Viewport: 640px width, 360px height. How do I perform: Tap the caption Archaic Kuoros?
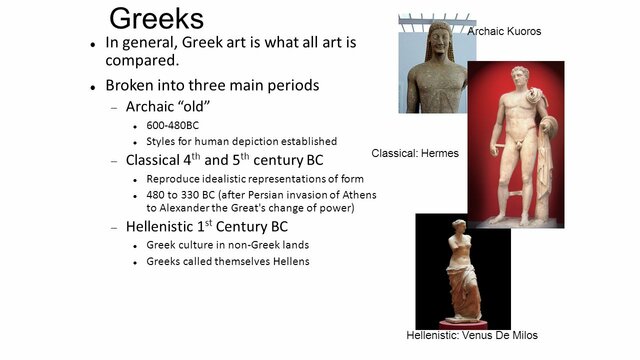[x=504, y=32]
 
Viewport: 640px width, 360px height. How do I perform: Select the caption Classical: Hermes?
[x=416, y=153]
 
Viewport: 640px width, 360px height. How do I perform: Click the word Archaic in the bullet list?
[x=151, y=107]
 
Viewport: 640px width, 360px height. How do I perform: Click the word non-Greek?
[x=254, y=244]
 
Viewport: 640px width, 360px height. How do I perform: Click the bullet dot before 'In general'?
[x=92, y=44]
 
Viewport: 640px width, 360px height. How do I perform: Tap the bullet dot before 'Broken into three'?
[x=92, y=86]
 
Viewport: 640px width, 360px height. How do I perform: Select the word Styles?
[x=163, y=141]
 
